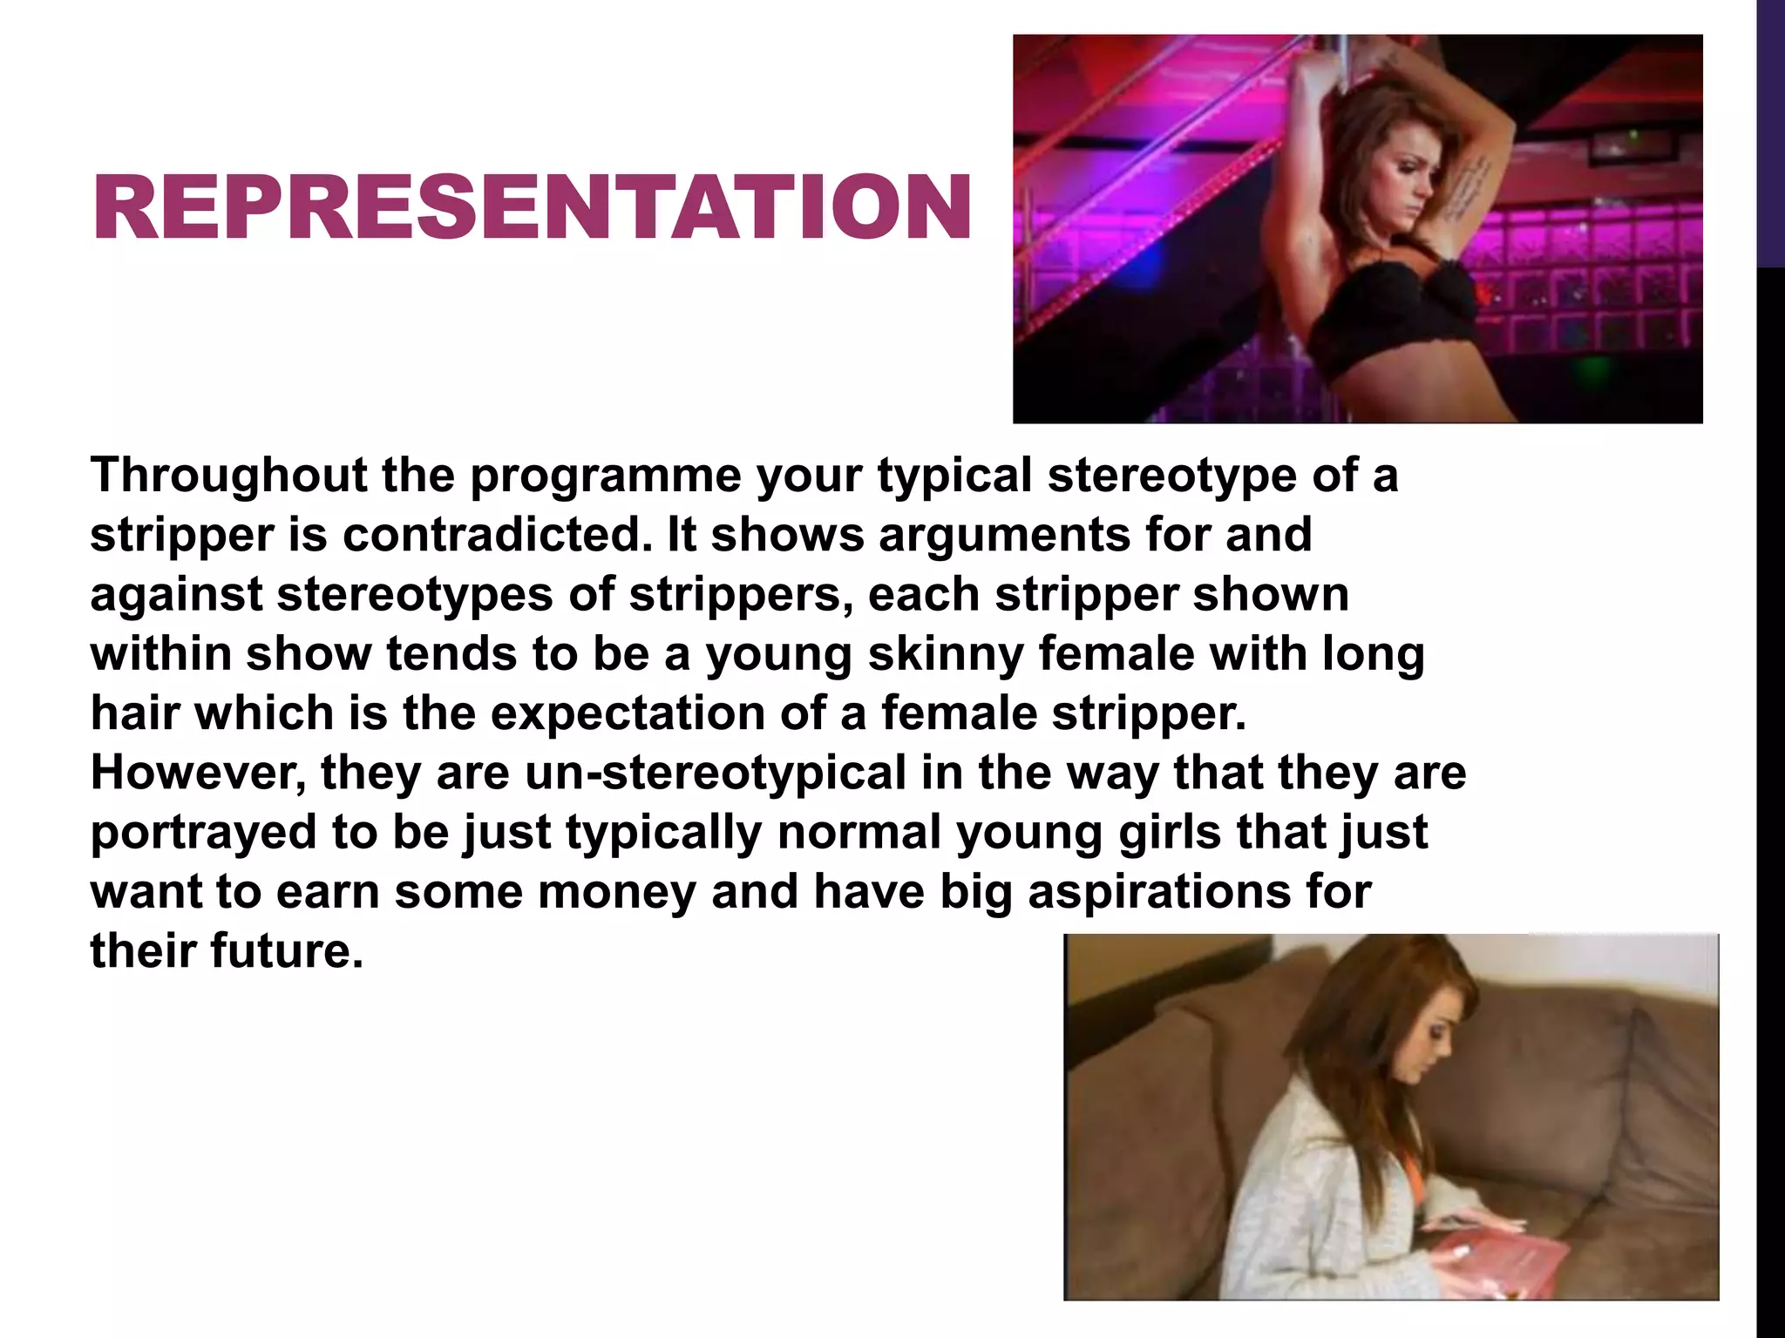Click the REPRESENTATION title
[532, 206]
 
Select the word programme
[606, 476]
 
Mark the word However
[198, 773]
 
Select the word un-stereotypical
[716, 773]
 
